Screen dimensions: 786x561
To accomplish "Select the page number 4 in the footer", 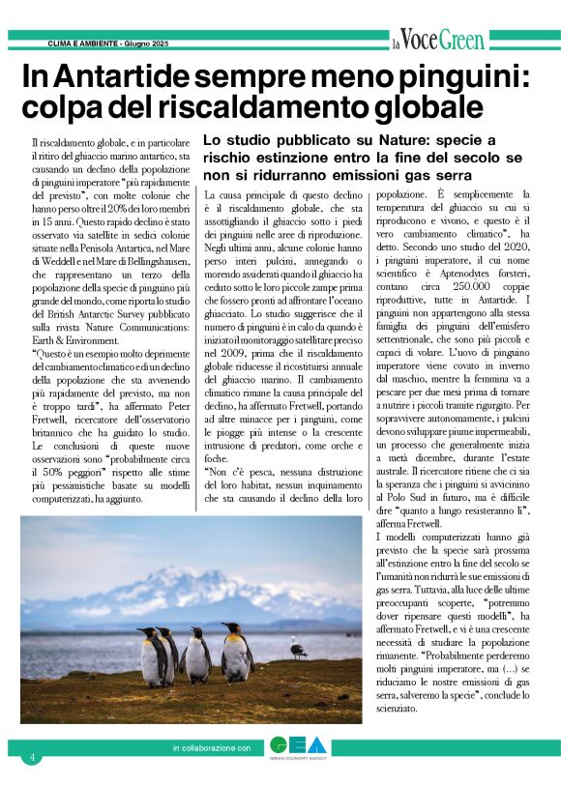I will tap(32, 757).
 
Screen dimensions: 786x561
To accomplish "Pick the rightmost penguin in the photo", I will tap(236, 654).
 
